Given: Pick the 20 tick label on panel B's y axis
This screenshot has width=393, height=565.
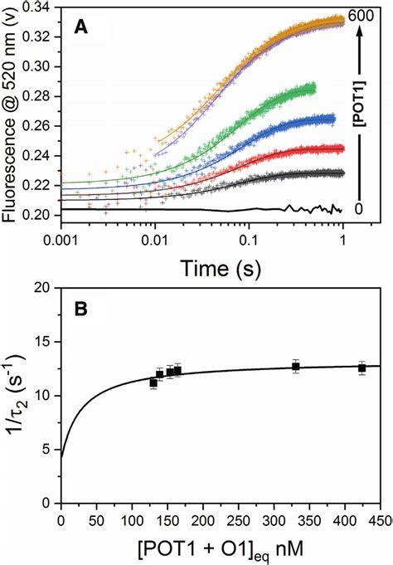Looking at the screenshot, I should click(44, 289).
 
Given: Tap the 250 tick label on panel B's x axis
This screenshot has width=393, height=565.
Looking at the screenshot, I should click(238, 521).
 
